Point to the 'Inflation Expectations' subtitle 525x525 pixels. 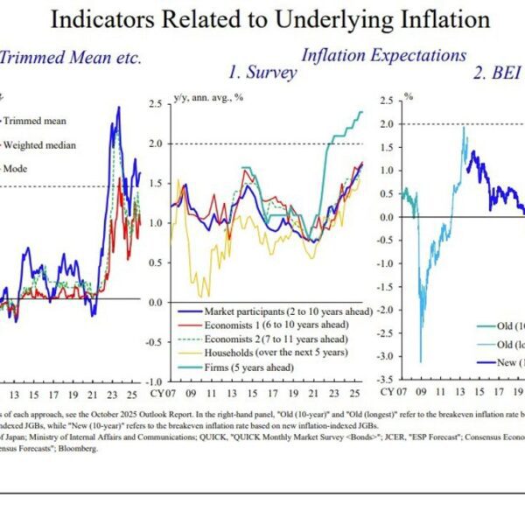click(x=383, y=55)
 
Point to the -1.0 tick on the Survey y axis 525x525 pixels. click(x=155, y=381)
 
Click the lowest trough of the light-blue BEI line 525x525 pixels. click(x=421, y=360)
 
